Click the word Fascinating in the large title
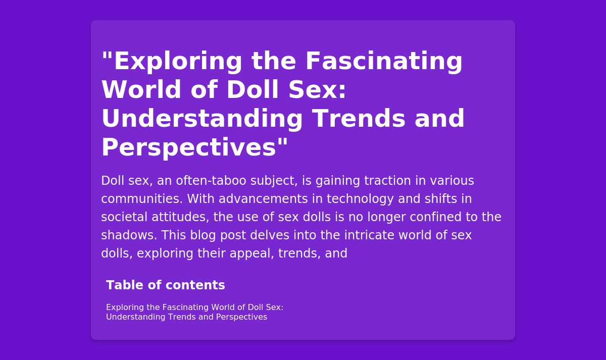384,61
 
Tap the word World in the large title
141,90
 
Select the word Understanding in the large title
202,119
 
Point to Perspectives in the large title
189,147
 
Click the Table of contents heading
166,285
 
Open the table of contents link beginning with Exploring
194,312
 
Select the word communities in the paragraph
142,199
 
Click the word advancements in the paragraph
263,199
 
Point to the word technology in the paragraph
360,199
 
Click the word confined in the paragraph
435,217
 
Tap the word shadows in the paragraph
129,235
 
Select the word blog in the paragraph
203,236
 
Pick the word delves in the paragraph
270,235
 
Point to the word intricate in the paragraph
369,235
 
